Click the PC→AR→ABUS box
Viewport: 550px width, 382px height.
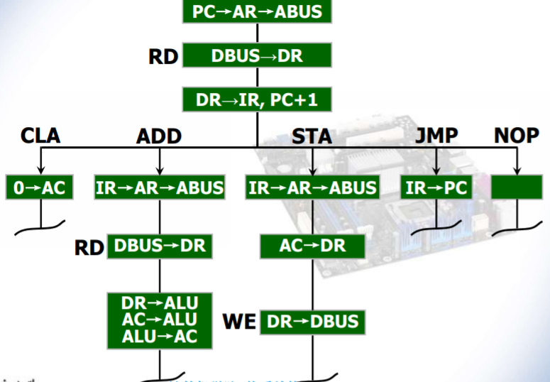coord(256,11)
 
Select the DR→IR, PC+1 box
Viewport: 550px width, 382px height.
coord(256,100)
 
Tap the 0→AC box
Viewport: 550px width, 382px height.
coord(40,187)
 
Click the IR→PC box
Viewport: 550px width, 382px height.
coord(435,187)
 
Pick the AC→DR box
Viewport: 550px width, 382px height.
coord(312,246)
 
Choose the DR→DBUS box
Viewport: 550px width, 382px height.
coord(312,322)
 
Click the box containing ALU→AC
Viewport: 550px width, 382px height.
coord(160,320)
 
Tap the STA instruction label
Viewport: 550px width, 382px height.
coord(312,136)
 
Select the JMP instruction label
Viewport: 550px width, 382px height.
coord(435,135)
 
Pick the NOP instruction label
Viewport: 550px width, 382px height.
coord(516,135)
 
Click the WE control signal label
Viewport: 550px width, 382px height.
coord(239,322)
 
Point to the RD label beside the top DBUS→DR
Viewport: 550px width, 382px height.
coord(163,57)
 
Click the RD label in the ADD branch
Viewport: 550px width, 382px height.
coord(89,247)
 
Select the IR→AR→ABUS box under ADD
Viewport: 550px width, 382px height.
coord(160,187)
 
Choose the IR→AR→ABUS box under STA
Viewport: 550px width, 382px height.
coord(312,187)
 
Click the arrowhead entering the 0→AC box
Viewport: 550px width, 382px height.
coord(40,170)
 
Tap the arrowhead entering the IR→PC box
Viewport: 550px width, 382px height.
coord(435,170)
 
